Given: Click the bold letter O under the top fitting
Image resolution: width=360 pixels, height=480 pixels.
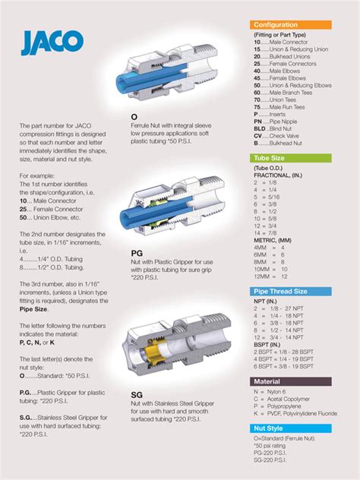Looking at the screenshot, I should click(134, 118).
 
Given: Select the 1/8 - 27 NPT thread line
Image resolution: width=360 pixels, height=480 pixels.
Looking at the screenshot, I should click(286, 310).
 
